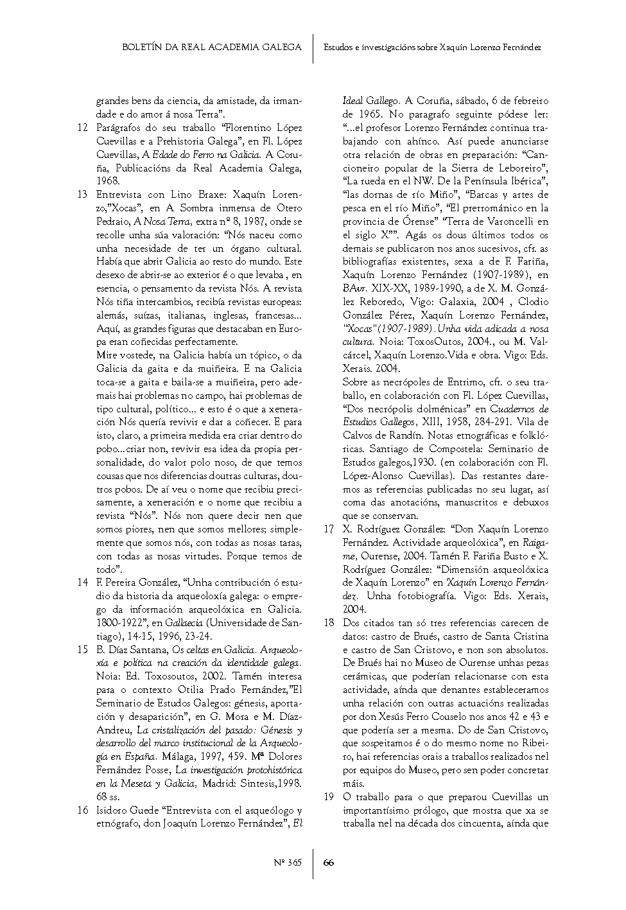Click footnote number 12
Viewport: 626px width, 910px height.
(x=82, y=128)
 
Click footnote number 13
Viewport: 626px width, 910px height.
(x=82, y=195)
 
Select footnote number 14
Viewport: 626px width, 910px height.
(x=82, y=582)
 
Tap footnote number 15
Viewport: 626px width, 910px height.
(x=82, y=649)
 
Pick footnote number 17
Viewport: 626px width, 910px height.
(x=329, y=529)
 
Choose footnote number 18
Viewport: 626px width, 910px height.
(x=329, y=623)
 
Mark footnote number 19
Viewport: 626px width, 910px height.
(x=329, y=797)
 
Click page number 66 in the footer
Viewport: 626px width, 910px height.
(x=329, y=862)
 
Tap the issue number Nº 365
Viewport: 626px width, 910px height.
(x=287, y=862)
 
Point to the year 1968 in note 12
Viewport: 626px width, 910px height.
(x=107, y=182)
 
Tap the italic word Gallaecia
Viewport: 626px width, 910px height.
(x=184, y=623)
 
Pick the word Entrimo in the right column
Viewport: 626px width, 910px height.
(x=467, y=382)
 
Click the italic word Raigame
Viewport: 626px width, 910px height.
(x=536, y=543)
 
